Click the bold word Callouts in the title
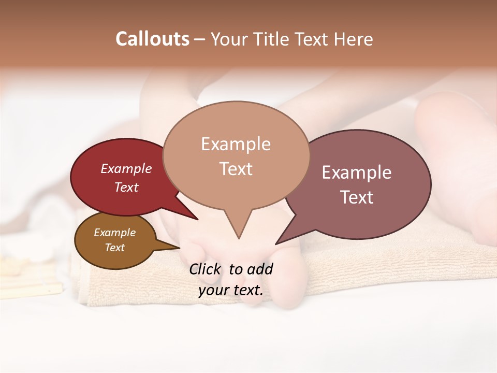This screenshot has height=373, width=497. click(152, 39)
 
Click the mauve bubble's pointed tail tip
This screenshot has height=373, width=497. click(276, 243)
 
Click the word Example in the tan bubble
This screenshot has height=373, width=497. click(236, 144)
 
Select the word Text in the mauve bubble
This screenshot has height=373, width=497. click(357, 197)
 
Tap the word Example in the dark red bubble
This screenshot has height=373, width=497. click(126, 169)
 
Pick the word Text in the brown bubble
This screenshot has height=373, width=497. click(115, 248)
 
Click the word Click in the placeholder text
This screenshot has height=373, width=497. click(206, 269)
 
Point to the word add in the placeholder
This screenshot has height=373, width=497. click(259, 269)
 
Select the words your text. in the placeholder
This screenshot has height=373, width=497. click(231, 290)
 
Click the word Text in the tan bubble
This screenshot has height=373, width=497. click(236, 169)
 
